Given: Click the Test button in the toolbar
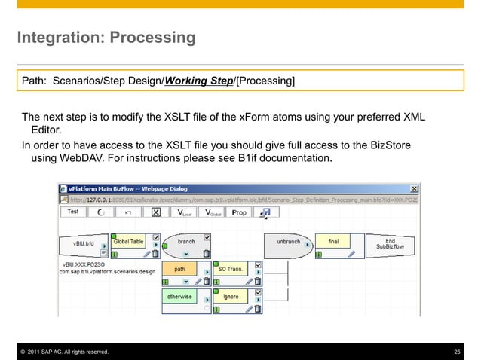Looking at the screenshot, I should pyautogui.click(x=73, y=212).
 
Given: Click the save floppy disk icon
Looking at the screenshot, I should pyautogui.click(x=265, y=213).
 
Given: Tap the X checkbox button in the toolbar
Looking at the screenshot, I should pyautogui.click(x=155, y=212).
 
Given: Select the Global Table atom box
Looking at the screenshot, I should pyautogui.click(x=128, y=242).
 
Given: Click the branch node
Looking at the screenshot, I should pyautogui.click(x=185, y=242).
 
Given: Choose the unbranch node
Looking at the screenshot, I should pyautogui.click(x=289, y=242).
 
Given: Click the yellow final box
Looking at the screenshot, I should pyautogui.click(x=332, y=242).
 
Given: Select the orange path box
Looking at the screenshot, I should pyautogui.click(x=179, y=269).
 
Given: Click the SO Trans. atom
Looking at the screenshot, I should pyautogui.click(x=230, y=269).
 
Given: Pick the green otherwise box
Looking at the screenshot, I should pyautogui.click(x=179, y=297).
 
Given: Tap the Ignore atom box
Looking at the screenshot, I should pyautogui.click(x=230, y=297).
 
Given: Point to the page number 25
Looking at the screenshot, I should pyautogui.click(x=456, y=352).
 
